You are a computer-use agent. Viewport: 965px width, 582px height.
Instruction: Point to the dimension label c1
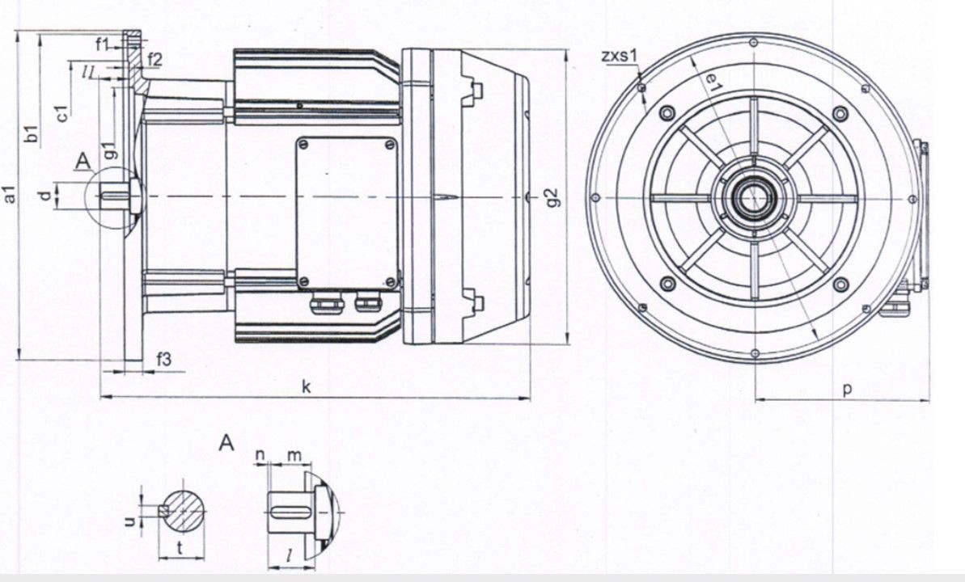coord(63,113)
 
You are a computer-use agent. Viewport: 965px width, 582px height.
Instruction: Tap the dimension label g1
coord(109,150)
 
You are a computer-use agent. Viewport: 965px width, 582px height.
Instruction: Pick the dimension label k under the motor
coord(306,387)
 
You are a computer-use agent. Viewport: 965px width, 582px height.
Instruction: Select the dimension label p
coord(848,389)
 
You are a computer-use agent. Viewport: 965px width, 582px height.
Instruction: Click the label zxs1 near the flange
coord(620,57)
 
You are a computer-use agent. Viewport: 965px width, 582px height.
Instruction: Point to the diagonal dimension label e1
coord(712,82)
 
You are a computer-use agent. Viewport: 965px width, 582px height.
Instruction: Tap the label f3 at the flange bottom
coord(163,360)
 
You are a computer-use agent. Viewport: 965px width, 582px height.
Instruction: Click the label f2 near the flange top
coord(154,60)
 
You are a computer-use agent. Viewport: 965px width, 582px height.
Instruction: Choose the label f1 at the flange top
coord(103,44)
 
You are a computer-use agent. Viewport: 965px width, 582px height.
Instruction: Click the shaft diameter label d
coord(45,196)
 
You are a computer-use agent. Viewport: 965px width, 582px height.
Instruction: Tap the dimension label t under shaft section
coord(180,547)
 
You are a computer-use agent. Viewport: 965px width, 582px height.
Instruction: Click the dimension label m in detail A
coord(295,456)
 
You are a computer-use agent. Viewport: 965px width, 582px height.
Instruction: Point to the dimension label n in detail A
coord(260,455)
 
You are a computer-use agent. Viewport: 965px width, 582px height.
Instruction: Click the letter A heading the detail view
coord(227,442)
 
